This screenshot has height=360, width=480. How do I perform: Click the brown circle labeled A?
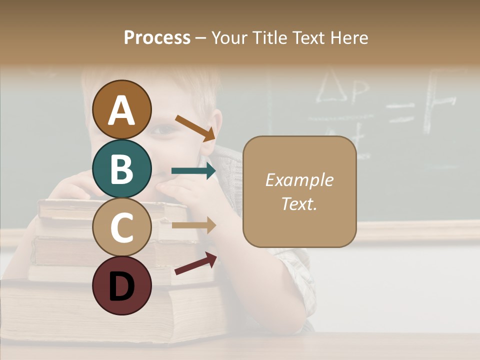[121, 109]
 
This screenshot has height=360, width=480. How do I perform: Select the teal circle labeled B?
[121, 168]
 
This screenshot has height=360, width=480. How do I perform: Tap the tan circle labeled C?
[121, 227]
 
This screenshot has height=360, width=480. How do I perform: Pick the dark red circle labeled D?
[121, 286]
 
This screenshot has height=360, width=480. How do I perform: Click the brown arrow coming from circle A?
[195, 128]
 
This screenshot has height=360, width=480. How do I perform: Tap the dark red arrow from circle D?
[195, 264]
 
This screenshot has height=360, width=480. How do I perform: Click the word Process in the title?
[157, 37]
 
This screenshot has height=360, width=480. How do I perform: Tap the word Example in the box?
[299, 180]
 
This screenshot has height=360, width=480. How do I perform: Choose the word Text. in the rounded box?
[299, 203]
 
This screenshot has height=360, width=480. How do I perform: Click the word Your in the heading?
[228, 37]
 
